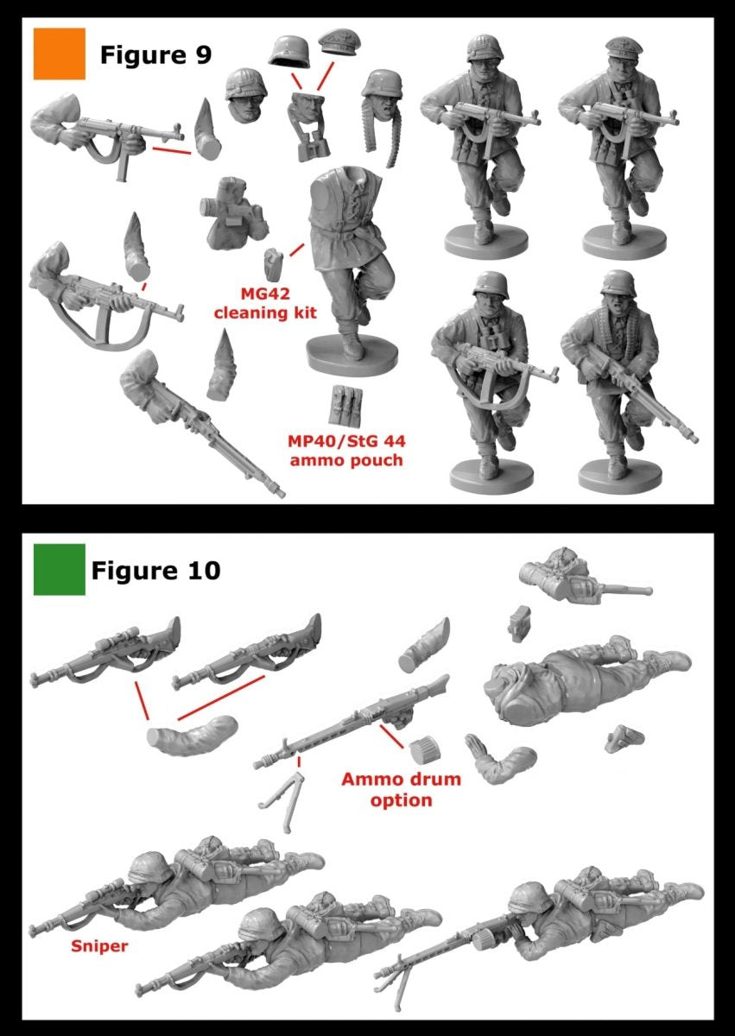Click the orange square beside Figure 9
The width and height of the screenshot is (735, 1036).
tap(59, 54)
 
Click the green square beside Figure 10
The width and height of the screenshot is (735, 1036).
tap(59, 569)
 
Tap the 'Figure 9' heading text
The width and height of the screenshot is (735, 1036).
tap(155, 55)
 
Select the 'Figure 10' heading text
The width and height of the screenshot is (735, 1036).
tap(155, 570)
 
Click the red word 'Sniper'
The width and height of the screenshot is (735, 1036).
tap(98, 946)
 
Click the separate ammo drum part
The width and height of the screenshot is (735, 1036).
tap(421, 748)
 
